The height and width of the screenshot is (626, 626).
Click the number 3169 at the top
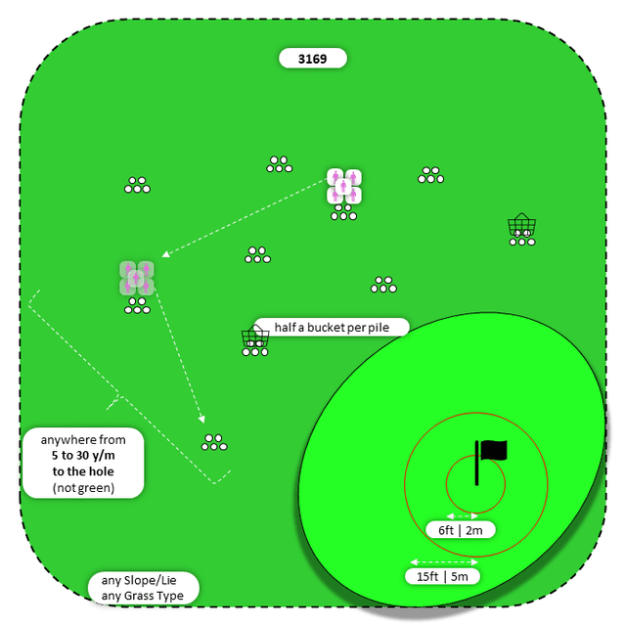313,59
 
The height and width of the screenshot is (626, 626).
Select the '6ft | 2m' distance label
461,530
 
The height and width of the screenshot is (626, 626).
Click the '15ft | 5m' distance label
443,576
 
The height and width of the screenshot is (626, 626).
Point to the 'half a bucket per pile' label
331,327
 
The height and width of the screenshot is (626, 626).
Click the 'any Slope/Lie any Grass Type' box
143,588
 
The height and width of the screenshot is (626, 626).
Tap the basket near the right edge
521,226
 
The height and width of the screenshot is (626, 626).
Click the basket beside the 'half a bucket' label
255,338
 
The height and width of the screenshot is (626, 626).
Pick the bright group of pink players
344,187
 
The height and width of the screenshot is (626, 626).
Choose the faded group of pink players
137,278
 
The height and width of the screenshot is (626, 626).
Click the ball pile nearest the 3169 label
280,164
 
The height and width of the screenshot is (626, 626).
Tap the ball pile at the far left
137,185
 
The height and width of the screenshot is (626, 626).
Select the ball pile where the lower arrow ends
214,442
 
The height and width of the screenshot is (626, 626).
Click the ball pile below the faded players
137,306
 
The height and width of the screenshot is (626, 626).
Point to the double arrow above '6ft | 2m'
461,515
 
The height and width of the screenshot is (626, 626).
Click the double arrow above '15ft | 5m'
443,561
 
